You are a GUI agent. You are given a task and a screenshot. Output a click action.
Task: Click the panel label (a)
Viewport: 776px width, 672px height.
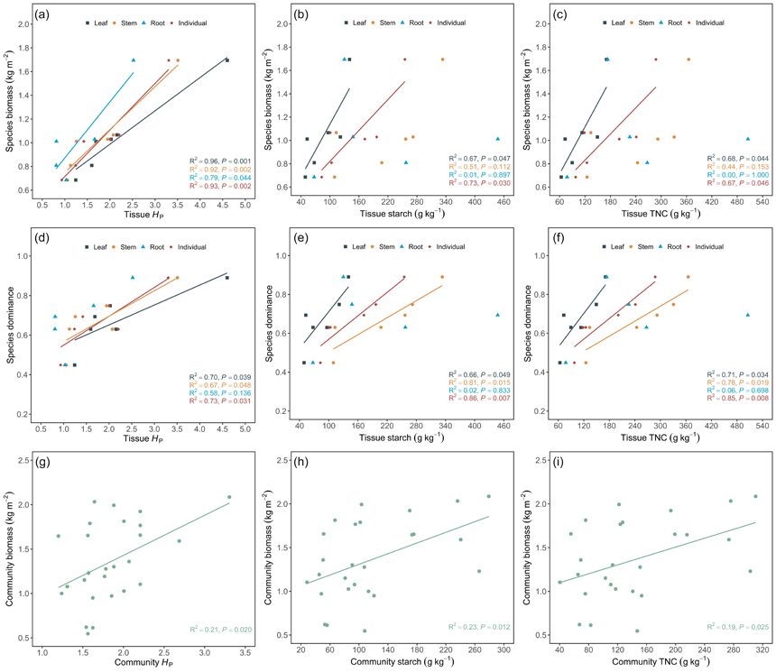42,14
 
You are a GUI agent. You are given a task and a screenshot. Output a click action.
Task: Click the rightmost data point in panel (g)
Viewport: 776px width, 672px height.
229,497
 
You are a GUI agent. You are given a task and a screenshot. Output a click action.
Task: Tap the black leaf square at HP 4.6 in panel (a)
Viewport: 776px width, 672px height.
227,60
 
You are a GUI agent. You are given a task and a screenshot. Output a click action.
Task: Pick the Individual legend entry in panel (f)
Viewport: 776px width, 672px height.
710,246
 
